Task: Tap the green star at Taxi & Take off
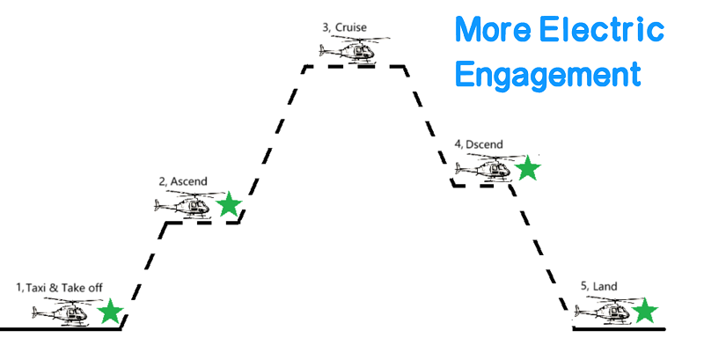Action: [x=110, y=312]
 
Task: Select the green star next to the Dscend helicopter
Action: [x=527, y=167]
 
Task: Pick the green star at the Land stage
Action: [x=645, y=311]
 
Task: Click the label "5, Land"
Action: [x=598, y=287]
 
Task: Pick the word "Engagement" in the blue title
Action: [x=547, y=74]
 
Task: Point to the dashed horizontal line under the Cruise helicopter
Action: [x=356, y=66]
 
